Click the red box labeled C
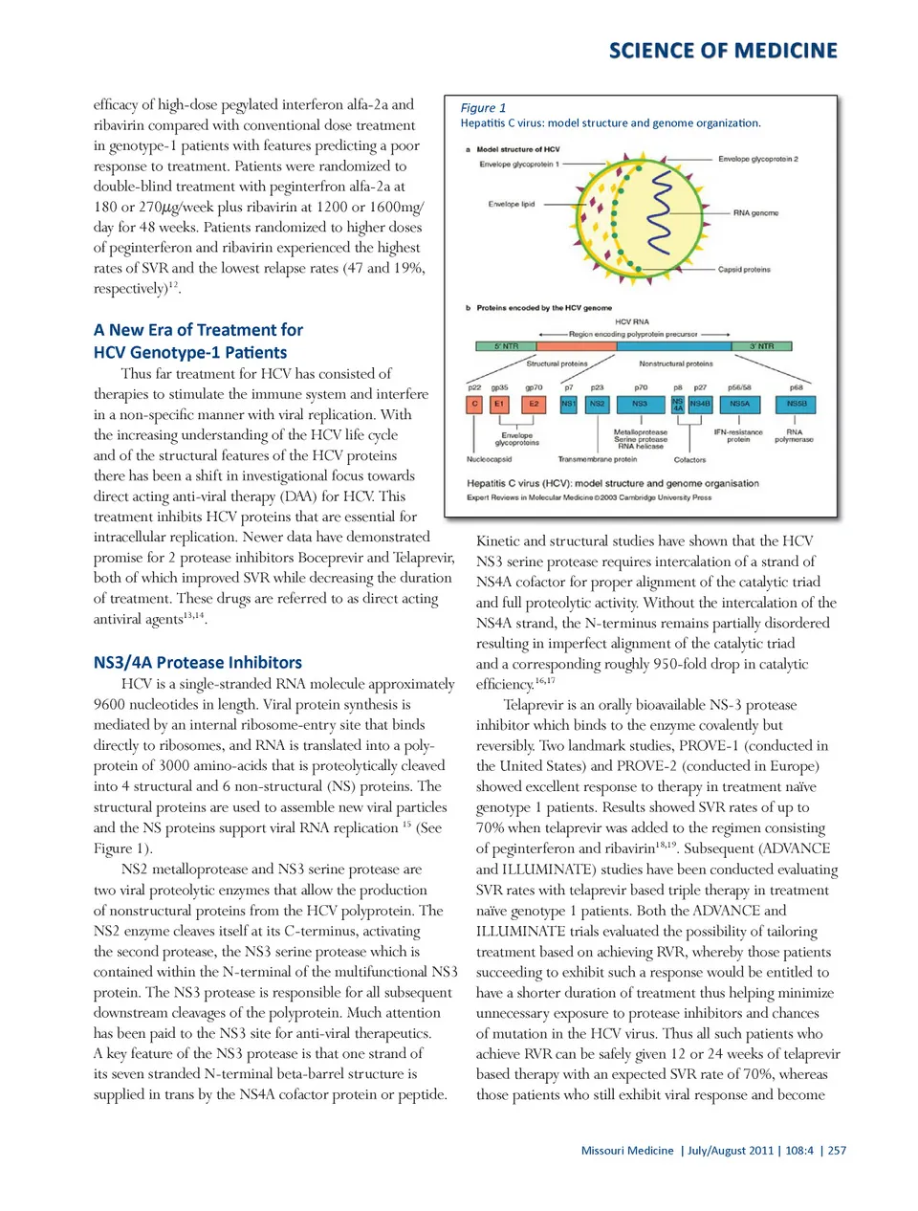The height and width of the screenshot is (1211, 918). (x=474, y=404)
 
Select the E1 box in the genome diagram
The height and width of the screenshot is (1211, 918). (x=499, y=404)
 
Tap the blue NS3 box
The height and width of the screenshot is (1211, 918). (x=640, y=404)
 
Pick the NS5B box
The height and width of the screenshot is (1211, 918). (x=797, y=404)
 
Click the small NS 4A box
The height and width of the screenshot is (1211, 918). (x=678, y=405)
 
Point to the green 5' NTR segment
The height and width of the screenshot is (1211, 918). (x=506, y=346)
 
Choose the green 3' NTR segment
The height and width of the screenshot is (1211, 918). (x=762, y=346)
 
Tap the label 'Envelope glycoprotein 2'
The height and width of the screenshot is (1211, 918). (x=757, y=159)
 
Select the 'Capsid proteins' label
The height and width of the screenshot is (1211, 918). (x=744, y=270)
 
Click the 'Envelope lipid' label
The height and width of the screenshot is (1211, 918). (x=512, y=204)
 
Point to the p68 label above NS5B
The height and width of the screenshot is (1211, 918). (x=796, y=387)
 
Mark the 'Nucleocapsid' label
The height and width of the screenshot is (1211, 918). (x=489, y=459)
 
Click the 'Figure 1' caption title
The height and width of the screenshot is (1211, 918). (x=483, y=108)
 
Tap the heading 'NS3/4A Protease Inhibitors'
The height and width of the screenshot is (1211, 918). (x=198, y=662)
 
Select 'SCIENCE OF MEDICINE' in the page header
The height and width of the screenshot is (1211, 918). (x=723, y=51)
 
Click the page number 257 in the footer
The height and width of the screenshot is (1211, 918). (x=837, y=1151)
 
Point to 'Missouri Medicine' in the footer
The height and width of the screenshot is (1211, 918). (x=627, y=1151)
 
